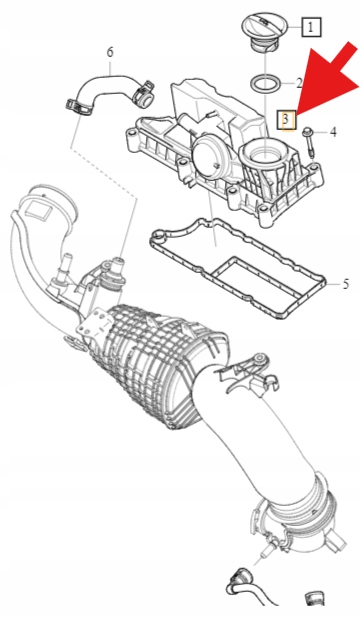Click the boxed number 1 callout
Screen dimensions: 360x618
point(311,27)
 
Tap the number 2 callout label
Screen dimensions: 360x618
point(299,83)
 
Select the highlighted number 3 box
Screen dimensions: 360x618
point(288,119)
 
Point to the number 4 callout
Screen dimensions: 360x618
point(333,132)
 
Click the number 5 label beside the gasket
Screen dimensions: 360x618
point(345,284)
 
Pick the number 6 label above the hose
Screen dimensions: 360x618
point(110,52)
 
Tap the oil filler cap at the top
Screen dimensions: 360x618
point(264,33)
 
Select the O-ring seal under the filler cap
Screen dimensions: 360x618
point(266,84)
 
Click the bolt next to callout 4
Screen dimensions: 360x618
point(309,143)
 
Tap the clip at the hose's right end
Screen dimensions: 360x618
point(144,95)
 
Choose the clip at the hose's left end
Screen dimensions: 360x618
point(79,108)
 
